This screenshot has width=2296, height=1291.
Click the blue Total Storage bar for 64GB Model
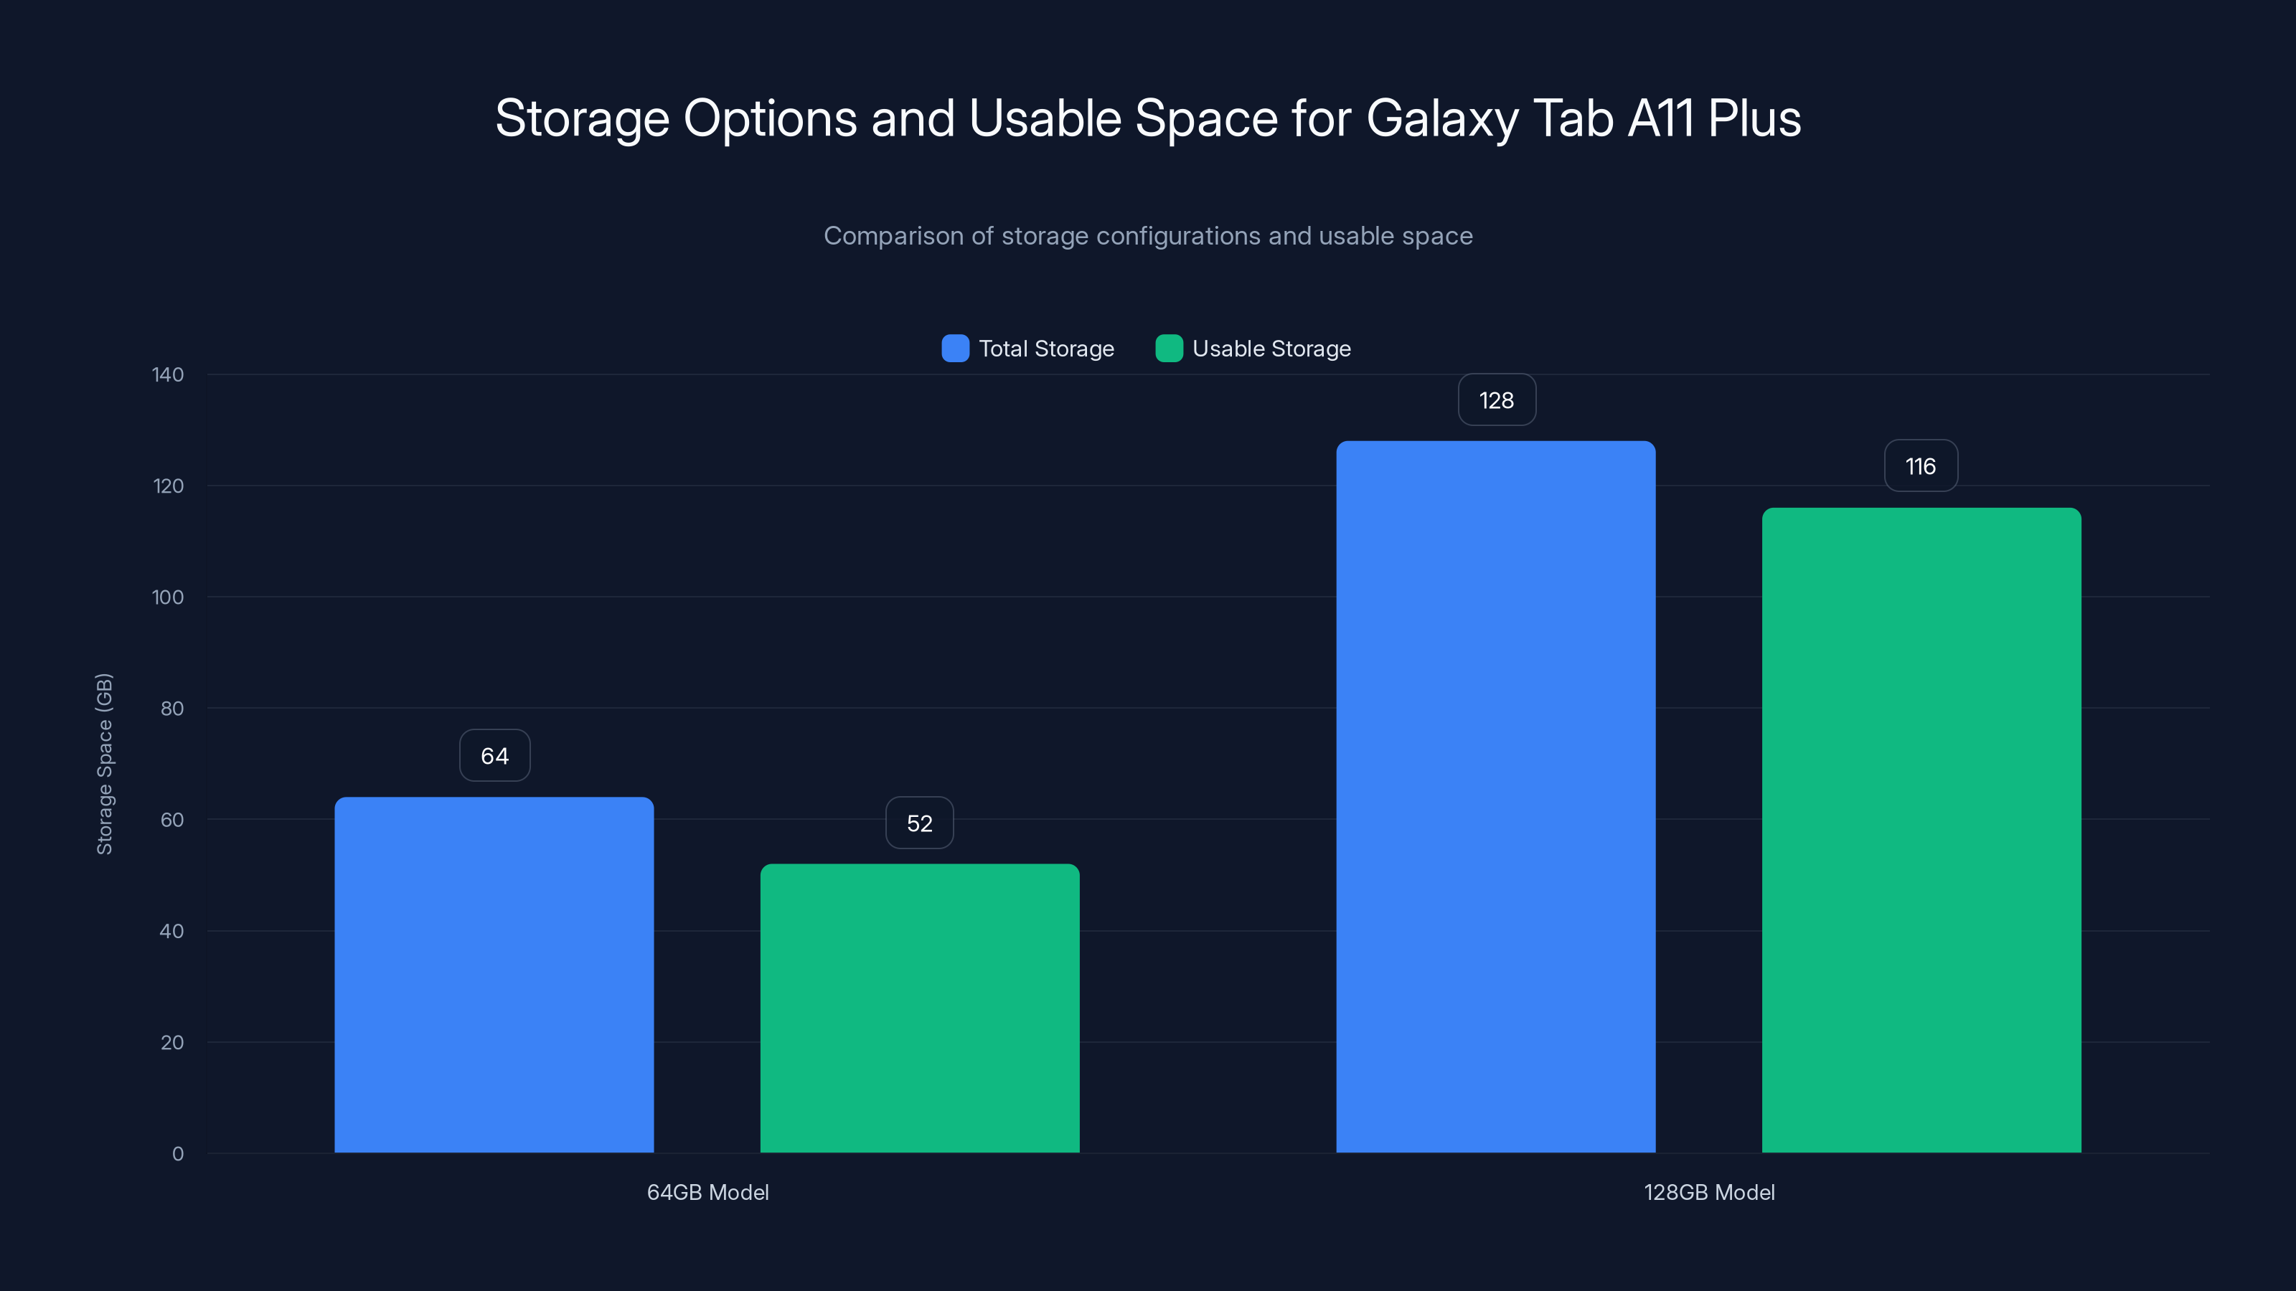[x=494, y=975]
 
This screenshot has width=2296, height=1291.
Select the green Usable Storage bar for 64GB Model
[x=919, y=1008]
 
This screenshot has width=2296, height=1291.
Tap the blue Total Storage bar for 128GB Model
[x=1495, y=797]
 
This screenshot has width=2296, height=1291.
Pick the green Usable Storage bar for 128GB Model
[x=1921, y=830]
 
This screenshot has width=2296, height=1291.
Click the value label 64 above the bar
[x=494, y=755]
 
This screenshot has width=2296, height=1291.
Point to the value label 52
[x=919, y=823]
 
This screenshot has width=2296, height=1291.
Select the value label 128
[x=1497, y=400]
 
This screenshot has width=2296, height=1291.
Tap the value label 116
[x=1921, y=466]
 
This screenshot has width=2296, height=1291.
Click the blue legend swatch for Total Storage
[x=954, y=349]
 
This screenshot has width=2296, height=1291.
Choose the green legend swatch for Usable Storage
[x=1169, y=349]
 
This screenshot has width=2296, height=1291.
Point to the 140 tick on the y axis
[x=168, y=374]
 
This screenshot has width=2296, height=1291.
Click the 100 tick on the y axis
[x=168, y=597]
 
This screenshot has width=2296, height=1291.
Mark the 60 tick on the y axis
[x=172, y=820]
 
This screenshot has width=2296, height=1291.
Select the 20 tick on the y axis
[x=172, y=1042]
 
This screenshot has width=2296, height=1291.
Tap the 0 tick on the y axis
[x=177, y=1154]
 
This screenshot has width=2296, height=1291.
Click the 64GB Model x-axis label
[x=707, y=1192]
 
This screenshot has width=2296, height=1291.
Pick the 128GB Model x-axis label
[x=1708, y=1192]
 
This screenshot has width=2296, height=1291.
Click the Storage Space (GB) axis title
[x=104, y=764]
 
